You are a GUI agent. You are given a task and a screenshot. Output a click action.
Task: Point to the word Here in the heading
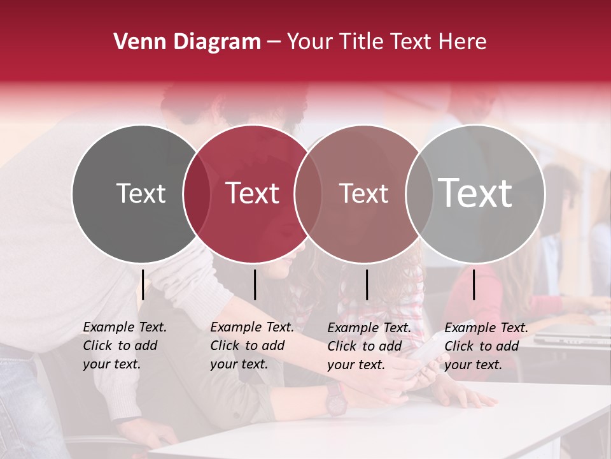(463, 42)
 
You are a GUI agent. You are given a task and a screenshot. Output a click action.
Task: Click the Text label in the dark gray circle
(141, 193)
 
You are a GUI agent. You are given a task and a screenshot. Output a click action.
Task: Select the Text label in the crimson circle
(252, 193)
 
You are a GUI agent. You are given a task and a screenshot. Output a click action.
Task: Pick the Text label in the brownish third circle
(363, 193)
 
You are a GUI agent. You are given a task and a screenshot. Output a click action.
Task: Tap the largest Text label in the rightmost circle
(475, 193)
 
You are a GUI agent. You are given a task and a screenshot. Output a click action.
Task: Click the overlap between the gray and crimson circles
(197, 194)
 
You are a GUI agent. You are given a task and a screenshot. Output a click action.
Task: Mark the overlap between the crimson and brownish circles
(308, 194)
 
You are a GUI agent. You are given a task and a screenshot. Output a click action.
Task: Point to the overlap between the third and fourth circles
(419, 194)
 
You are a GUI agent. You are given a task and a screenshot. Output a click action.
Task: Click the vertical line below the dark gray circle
(143, 284)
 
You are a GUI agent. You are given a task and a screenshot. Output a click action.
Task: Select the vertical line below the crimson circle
(255, 284)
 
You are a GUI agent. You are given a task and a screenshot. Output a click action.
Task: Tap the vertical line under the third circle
(367, 284)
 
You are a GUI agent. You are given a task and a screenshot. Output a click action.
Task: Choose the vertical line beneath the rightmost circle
(474, 284)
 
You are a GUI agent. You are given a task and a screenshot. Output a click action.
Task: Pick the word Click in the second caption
(225, 346)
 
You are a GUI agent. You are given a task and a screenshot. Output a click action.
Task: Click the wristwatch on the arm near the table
(335, 397)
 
